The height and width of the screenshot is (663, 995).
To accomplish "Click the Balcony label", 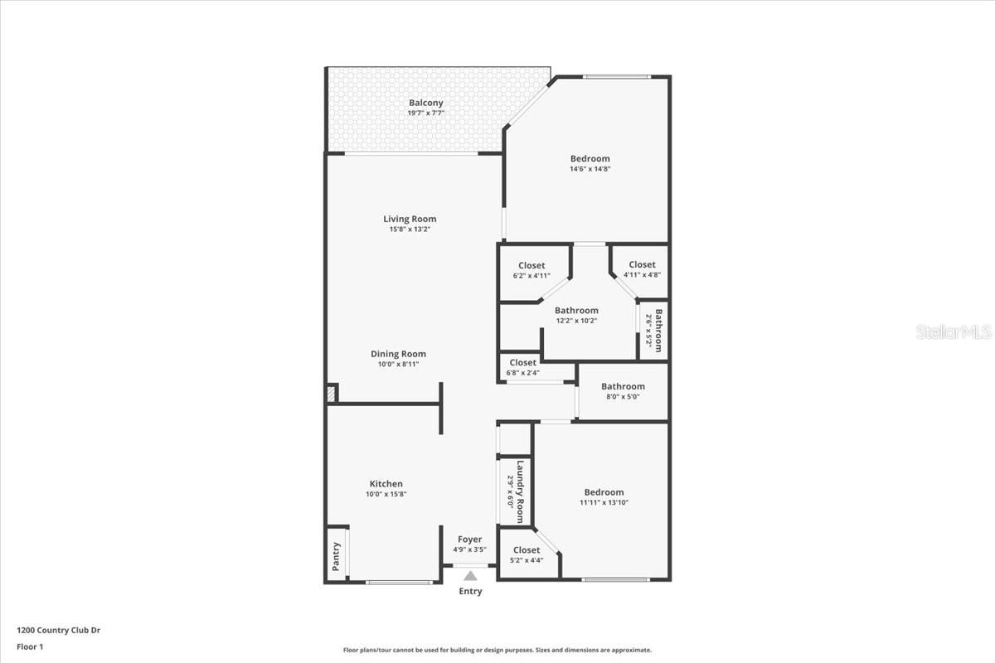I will tap(426, 103).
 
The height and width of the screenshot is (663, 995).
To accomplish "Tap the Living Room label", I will tap(410, 219).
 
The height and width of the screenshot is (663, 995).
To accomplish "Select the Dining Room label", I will tap(398, 354).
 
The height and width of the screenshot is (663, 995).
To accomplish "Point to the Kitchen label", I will tap(386, 484).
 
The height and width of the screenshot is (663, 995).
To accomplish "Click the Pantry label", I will tap(336, 556).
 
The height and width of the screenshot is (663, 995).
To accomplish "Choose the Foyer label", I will tap(469, 540).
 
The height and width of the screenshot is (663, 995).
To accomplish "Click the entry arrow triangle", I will tap(470, 575).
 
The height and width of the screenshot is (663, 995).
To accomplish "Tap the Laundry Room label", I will tap(521, 491).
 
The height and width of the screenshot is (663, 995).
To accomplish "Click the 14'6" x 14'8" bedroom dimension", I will tap(590, 169).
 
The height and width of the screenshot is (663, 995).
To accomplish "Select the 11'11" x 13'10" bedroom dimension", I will tap(603, 502).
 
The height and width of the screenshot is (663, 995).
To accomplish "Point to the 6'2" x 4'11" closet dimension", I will tap(531, 276).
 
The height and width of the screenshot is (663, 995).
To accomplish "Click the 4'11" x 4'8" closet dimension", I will tap(642, 275).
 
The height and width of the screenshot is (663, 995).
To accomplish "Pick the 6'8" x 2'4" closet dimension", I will tap(523, 373).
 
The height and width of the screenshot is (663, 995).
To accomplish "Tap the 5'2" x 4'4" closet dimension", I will tap(527, 560).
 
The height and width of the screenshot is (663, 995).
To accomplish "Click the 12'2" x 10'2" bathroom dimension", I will tap(576, 321).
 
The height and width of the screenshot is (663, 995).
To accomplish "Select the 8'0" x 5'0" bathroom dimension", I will tap(623, 397).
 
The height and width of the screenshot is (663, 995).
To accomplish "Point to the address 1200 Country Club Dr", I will tap(59, 630).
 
